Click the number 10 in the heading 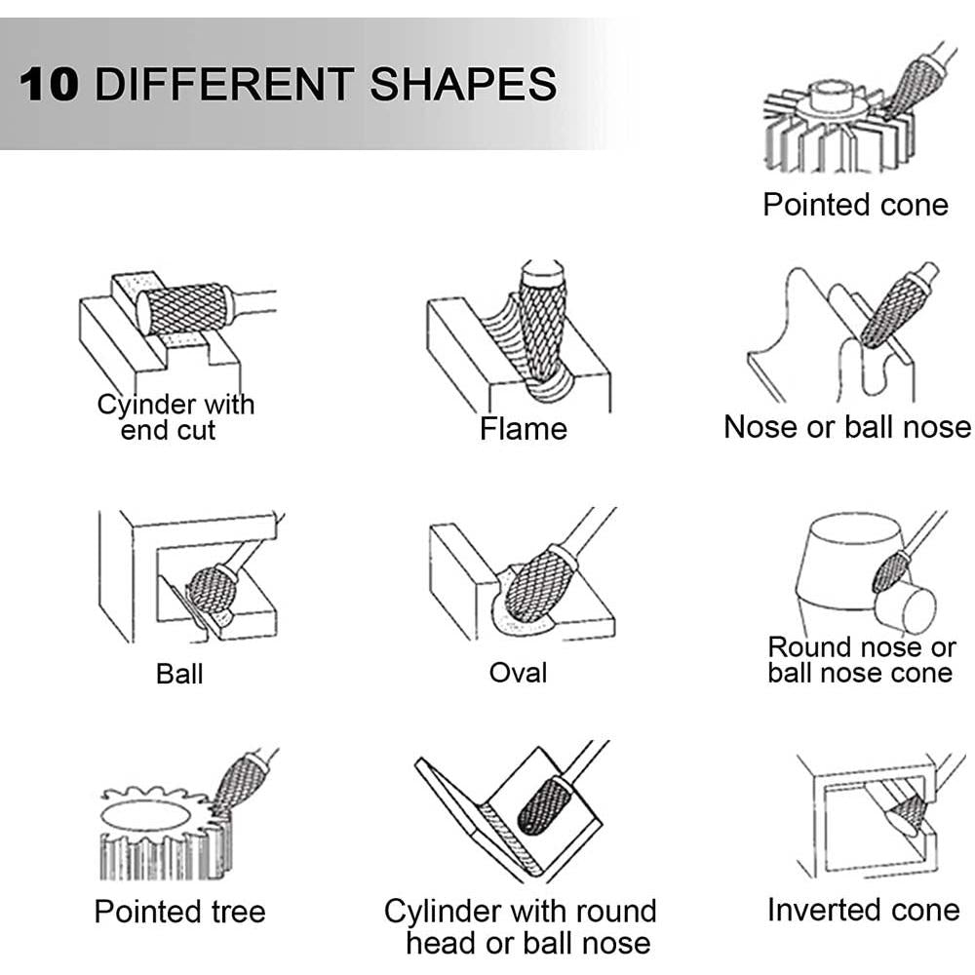tap(49, 85)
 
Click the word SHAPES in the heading tap(463, 85)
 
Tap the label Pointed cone tap(856, 205)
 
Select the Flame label tap(523, 428)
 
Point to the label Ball tap(179, 674)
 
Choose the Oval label tap(518, 672)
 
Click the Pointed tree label tap(179, 913)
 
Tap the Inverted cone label tap(864, 910)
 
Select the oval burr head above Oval tap(536, 581)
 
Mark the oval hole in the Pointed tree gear tap(144, 815)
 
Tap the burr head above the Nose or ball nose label tap(892, 312)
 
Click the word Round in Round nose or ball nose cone tap(809, 647)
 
